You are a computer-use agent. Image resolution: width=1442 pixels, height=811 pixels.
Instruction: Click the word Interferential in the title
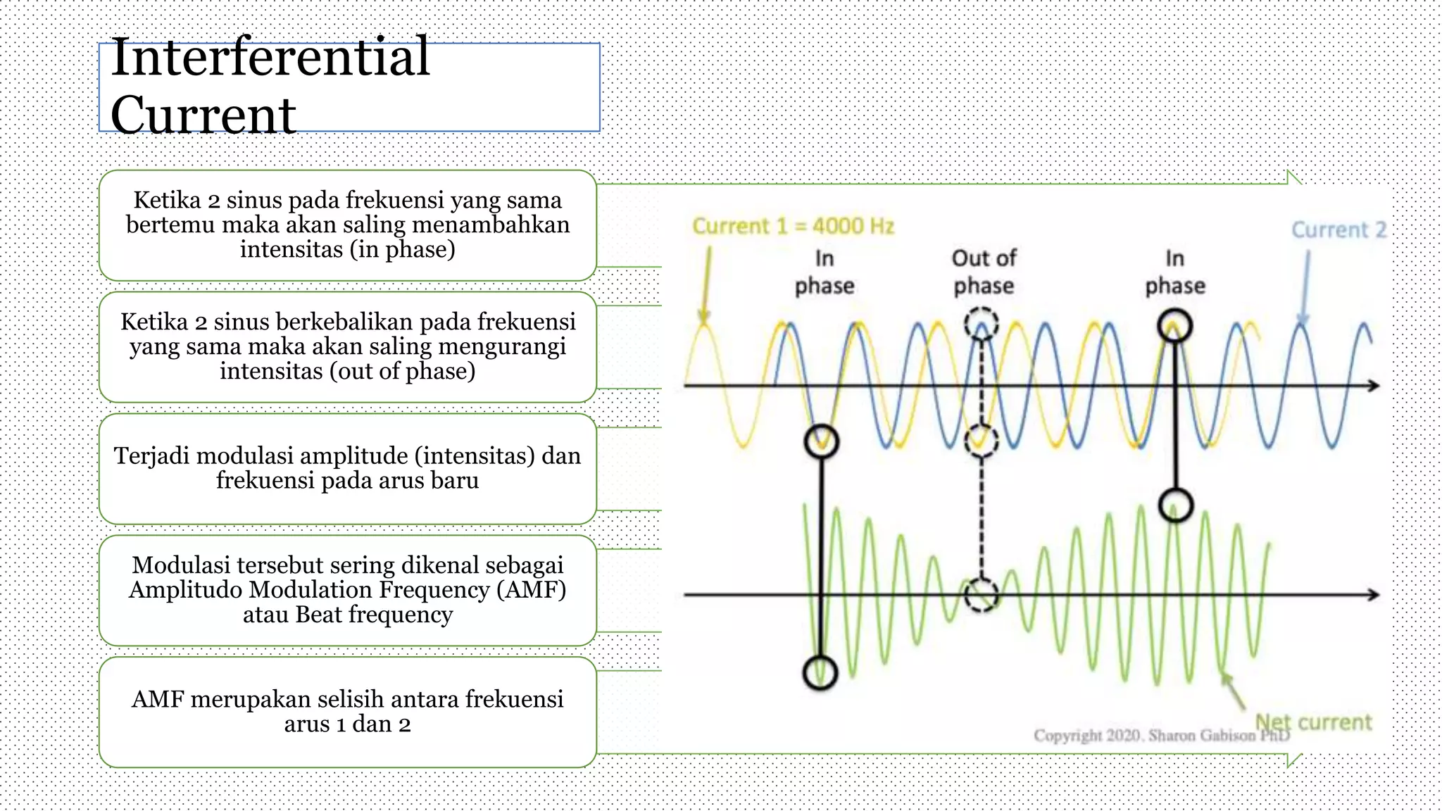pyautogui.click(x=270, y=58)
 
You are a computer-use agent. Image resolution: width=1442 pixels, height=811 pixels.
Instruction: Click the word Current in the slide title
pyautogui.click(x=203, y=115)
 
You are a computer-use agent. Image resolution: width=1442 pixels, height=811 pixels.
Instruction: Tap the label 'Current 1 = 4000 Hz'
pyautogui.click(x=793, y=226)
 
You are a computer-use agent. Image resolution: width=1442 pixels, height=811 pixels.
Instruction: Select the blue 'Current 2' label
pyautogui.click(x=1338, y=230)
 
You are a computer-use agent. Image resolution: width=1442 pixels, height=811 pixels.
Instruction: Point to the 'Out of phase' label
pyautogui.click(x=984, y=272)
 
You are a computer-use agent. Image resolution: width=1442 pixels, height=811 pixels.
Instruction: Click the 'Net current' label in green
pyautogui.click(x=1314, y=722)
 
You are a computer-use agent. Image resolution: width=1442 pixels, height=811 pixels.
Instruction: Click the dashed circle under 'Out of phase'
pyautogui.click(x=981, y=325)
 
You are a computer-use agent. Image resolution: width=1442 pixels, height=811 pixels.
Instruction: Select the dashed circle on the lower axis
pyautogui.click(x=981, y=595)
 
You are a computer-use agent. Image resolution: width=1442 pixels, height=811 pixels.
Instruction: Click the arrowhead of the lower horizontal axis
pyautogui.click(x=1373, y=595)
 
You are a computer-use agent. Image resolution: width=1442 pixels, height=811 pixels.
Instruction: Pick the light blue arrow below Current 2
pyautogui.click(x=1305, y=289)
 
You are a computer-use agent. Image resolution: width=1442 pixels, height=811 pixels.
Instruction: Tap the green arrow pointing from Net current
pyautogui.click(x=1234, y=690)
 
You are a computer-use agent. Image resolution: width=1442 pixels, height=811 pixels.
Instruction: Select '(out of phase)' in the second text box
pyautogui.click(x=402, y=371)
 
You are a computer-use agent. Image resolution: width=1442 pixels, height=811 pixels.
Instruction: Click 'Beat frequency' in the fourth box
pyautogui.click(x=373, y=615)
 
